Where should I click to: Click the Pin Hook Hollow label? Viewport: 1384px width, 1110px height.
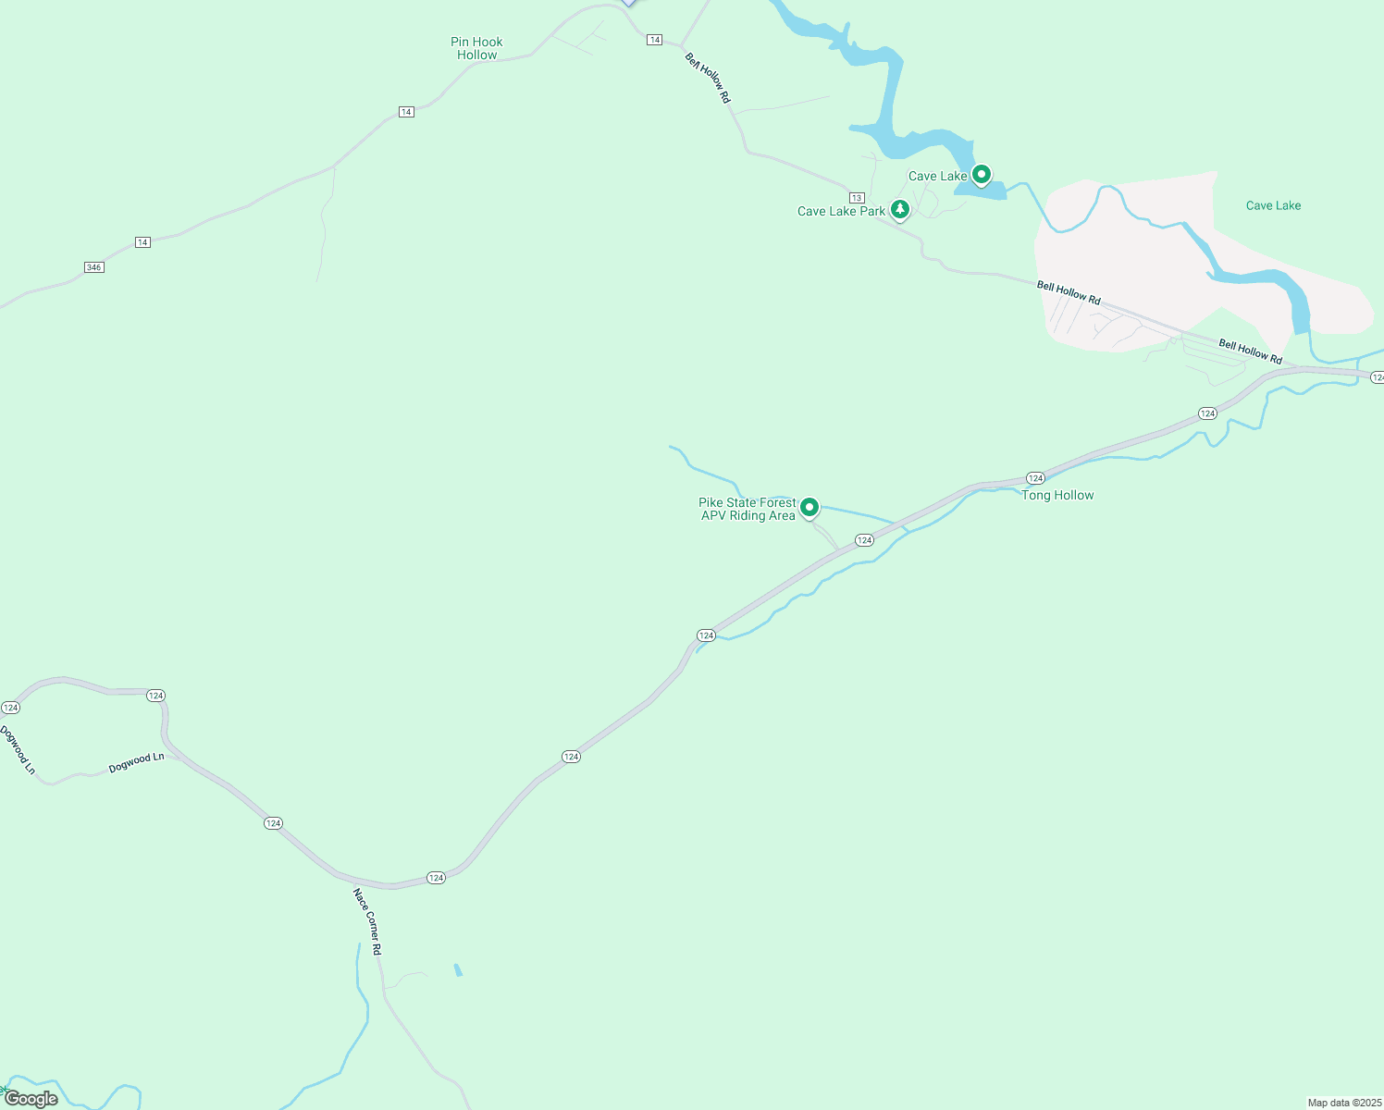(x=476, y=48)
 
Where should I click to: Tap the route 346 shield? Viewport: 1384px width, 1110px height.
(x=93, y=267)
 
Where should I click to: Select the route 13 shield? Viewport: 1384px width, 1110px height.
(x=857, y=198)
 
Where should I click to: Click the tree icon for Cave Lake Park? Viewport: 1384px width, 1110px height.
(x=899, y=209)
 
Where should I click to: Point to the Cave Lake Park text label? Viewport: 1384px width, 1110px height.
(x=841, y=211)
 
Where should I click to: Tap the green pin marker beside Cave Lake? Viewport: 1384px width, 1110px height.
(x=982, y=173)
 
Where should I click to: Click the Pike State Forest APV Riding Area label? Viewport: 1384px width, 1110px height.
(x=748, y=509)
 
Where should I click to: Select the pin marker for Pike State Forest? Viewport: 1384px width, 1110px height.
(x=809, y=507)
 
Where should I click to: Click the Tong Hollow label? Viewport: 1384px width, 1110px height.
(x=1057, y=495)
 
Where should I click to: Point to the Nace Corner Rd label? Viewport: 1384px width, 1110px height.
(x=367, y=921)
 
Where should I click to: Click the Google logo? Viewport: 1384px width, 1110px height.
(x=31, y=1099)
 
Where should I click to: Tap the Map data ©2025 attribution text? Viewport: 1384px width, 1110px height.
(x=1344, y=1103)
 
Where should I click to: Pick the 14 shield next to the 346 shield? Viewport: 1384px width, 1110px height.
(x=142, y=242)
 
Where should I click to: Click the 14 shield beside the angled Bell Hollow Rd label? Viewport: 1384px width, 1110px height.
(x=655, y=40)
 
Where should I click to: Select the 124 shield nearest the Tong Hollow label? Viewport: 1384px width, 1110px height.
(x=1035, y=478)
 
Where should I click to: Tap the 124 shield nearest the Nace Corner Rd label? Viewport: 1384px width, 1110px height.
(x=436, y=877)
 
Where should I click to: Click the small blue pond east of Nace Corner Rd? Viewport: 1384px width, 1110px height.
(x=458, y=969)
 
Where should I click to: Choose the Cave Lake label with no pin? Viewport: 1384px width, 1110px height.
(x=1273, y=205)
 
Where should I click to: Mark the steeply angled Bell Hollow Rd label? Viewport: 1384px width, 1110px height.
(x=708, y=78)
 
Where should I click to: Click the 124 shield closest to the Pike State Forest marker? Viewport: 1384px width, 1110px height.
(x=864, y=540)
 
